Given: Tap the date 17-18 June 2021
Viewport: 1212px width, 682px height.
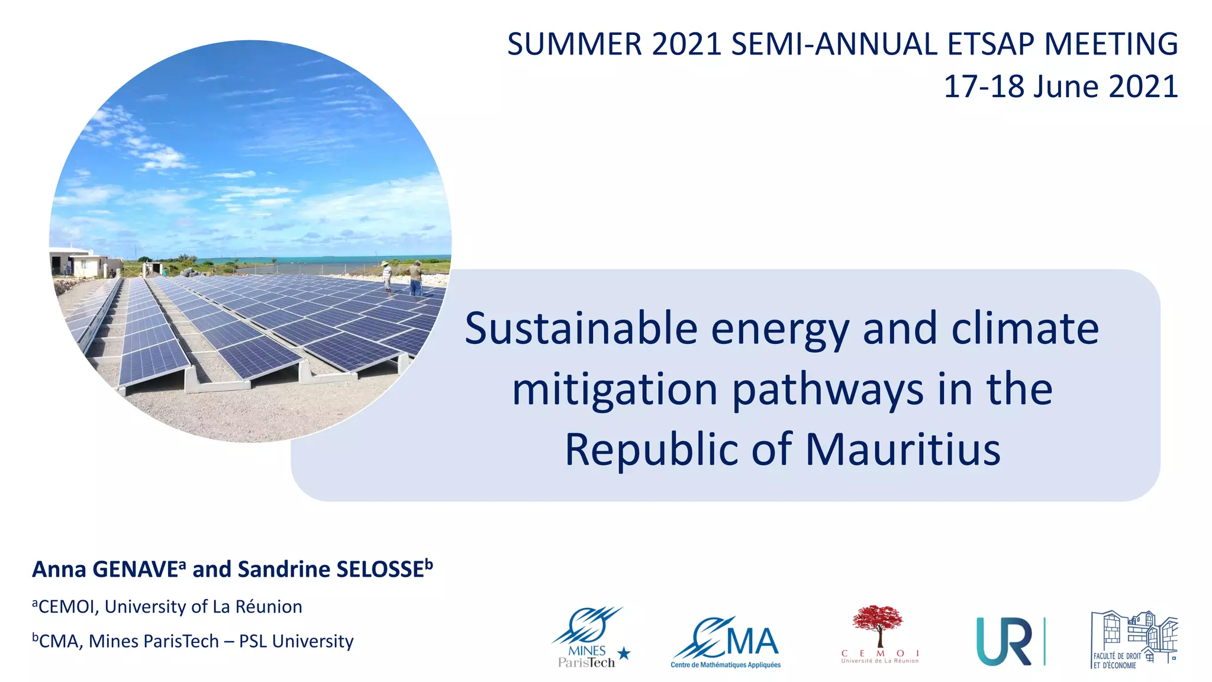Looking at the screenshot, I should click(1060, 87).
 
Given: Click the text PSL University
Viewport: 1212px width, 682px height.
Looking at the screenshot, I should click(296, 641).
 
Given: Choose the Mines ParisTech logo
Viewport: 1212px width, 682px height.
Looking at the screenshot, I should click(589, 638).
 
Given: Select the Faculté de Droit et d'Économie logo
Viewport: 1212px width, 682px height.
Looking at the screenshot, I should click(1133, 639).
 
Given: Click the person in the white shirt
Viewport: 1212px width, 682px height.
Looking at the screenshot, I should click(387, 276).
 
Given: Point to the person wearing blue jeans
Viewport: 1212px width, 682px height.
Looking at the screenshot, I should click(416, 279).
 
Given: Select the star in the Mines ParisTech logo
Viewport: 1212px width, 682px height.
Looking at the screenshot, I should click(624, 654).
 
